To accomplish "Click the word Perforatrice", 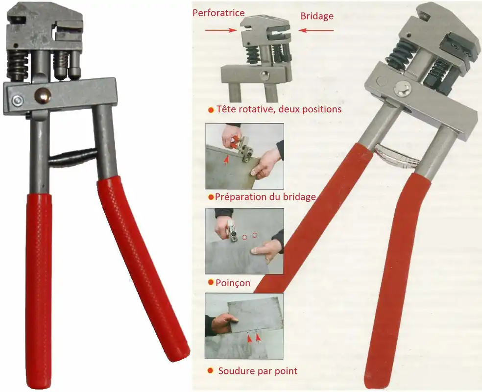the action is [x=218, y=13].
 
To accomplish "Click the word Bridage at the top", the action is [x=317, y=16].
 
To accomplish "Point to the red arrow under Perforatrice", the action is [x=221, y=30].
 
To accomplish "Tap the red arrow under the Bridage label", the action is [x=316, y=30].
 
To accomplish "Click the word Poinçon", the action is [x=233, y=283].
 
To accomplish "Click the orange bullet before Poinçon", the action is [x=211, y=282].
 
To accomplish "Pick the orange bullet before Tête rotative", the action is [x=211, y=110].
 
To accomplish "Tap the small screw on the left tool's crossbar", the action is [x=17, y=100].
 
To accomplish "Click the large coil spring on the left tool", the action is [x=18, y=66].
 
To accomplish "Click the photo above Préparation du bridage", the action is [x=244, y=156].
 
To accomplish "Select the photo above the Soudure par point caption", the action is [x=244, y=326].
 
